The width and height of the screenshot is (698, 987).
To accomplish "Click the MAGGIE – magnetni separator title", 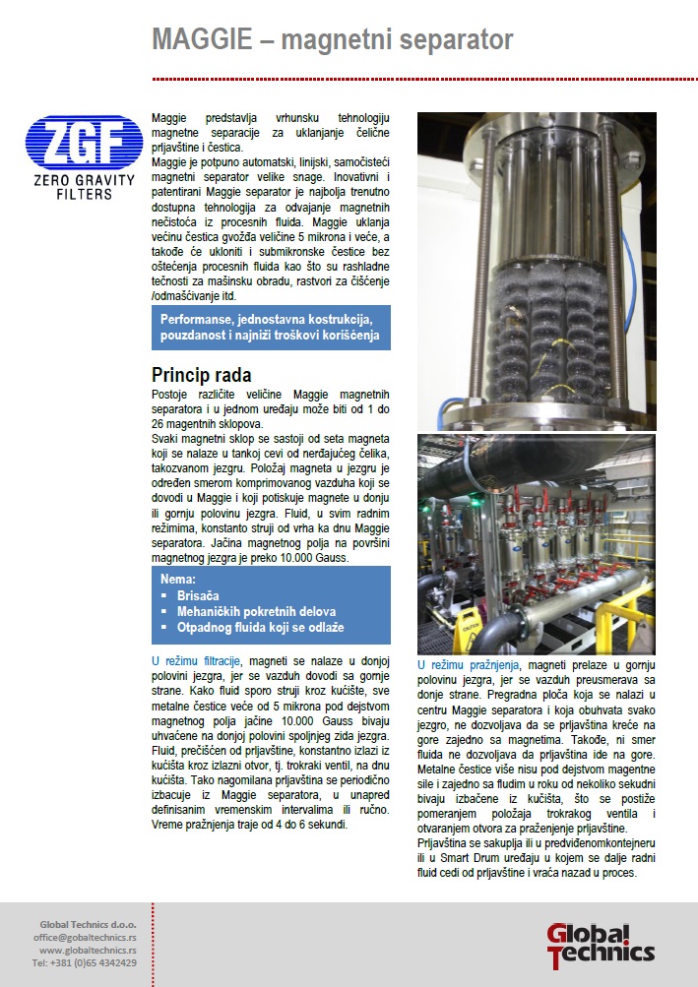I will [332, 40].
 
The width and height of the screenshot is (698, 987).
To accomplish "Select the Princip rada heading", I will [203, 375].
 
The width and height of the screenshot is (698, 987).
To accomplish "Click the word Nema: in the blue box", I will [179, 580].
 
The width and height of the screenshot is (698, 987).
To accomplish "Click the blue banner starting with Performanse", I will [271, 328].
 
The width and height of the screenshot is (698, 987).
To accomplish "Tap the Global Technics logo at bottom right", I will [600, 944].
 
